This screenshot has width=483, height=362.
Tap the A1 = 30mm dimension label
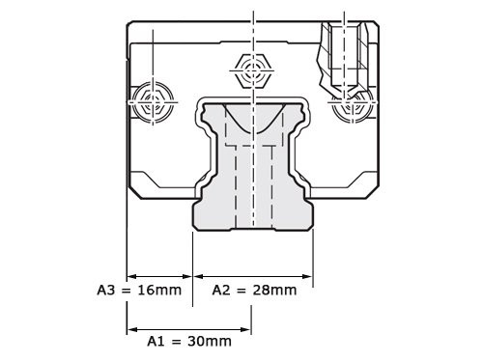pos(189,341)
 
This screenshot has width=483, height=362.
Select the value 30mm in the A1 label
pos(210,341)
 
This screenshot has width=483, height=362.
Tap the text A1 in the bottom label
pos(156,341)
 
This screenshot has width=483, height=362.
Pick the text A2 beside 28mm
pos(219,288)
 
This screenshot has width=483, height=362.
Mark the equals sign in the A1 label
pos(177,341)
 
